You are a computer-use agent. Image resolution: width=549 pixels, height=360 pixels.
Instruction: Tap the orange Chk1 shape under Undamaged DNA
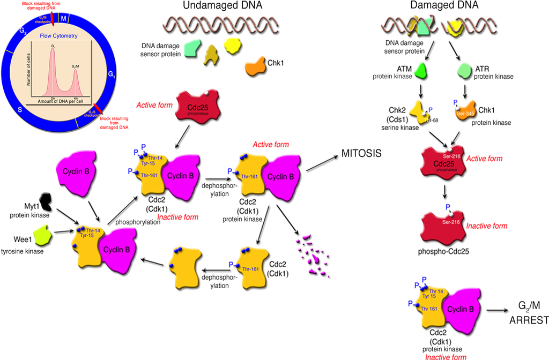[257, 68]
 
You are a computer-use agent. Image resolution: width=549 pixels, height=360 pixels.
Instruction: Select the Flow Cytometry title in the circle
[58, 36]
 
